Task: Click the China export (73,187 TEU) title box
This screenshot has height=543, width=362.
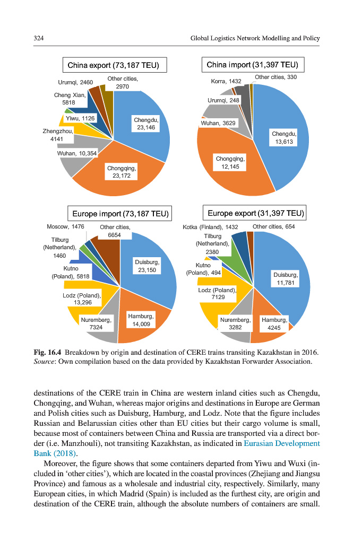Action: (x=115, y=66)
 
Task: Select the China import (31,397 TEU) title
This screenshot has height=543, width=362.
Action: (x=253, y=65)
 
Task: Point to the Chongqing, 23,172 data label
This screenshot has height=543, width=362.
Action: (x=122, y=172)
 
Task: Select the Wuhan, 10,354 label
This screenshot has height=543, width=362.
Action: (x=77, y=154)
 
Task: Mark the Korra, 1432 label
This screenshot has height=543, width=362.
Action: (x=226, y=81)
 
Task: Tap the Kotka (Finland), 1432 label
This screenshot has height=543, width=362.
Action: (x=210, y=227)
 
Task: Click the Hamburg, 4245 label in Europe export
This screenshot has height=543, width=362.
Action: (x=274, y=324)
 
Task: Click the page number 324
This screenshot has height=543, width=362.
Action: (x=38, y=38)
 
